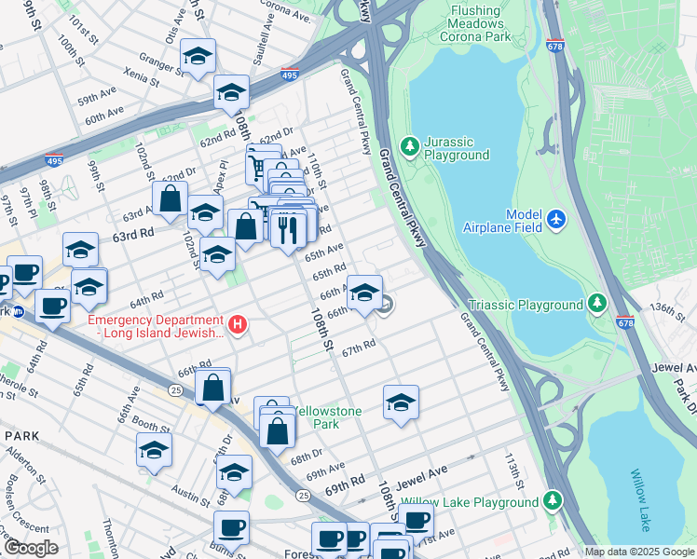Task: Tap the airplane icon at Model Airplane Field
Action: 556,218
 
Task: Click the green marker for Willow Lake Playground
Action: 553,501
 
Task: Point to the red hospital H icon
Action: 239,324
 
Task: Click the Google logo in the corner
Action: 31,547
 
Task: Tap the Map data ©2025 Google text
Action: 638,552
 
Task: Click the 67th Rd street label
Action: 358,348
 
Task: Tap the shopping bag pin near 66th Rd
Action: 213,386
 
